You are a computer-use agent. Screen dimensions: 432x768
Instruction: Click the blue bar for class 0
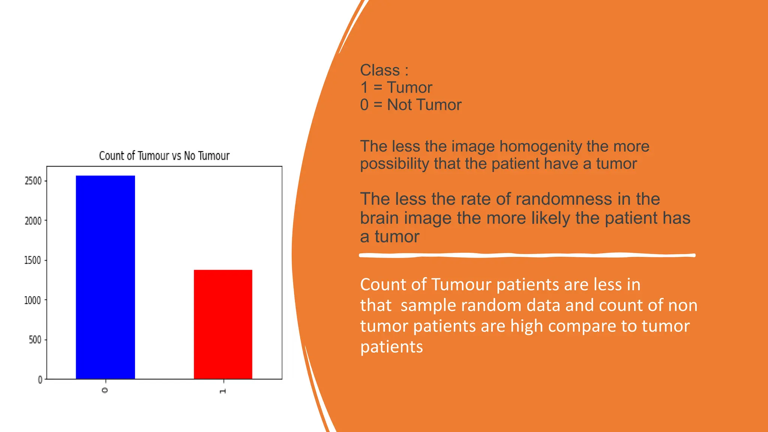(105, 277)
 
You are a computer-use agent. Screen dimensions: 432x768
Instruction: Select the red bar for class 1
(223, 324)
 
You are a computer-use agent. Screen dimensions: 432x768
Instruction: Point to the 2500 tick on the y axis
(33, 181)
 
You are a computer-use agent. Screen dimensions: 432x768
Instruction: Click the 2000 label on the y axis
(33, 221)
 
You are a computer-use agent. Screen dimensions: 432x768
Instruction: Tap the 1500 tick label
(33, 261)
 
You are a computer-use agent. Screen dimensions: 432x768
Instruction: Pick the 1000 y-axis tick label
(33, 300)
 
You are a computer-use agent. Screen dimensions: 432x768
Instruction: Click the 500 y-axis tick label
(35, 340)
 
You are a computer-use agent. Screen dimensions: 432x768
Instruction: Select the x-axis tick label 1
(223, 391)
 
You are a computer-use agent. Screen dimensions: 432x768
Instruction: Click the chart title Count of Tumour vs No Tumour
(164, 156)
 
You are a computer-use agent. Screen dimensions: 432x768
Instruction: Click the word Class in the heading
(379, 70)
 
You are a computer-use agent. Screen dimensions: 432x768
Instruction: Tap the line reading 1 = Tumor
(396, 87)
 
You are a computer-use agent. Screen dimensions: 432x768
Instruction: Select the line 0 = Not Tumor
(411, 105)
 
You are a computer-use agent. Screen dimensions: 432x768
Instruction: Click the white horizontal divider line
(527, 255)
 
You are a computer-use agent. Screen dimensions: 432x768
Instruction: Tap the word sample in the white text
(428, 305)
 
